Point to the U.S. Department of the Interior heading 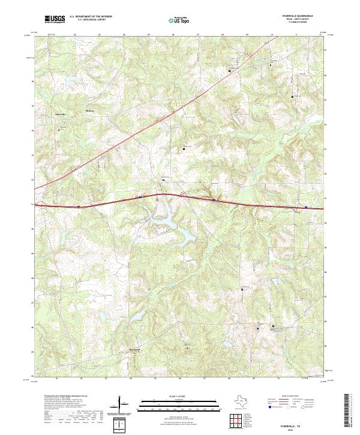tap(89, 17)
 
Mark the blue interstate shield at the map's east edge tap(306, 208)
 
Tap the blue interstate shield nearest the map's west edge tap(78, 206)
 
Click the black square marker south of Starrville tap(59, 129)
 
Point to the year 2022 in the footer tap(298, 428)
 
